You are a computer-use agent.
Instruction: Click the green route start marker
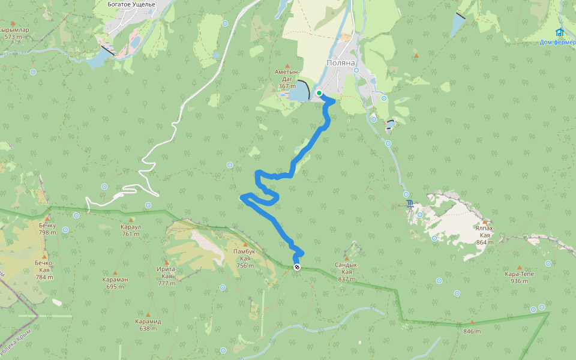(319, 93)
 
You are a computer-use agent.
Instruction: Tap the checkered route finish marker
(296, 267)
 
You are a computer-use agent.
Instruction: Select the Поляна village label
(341, 62)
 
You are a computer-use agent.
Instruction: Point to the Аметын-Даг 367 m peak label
(287, 79)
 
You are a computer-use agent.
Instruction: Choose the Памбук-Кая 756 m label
(245, 259)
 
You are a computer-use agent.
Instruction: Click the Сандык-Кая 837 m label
(347, 271)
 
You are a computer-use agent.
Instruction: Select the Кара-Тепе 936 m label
(520, 277)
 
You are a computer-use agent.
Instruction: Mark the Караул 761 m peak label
(130, 230)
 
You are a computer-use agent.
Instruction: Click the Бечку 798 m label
(47, 229)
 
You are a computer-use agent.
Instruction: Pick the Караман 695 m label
(115, 283)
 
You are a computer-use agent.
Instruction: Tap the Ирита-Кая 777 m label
(166, 276)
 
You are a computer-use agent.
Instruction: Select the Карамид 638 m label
(148, 325)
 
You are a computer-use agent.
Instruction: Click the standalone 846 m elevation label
(472, 331)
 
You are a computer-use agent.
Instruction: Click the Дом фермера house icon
(560, 32)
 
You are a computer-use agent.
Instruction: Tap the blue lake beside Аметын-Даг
(298, 95)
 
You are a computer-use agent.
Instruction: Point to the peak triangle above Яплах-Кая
(485, 222)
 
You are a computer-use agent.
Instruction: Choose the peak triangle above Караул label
(130, 220)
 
